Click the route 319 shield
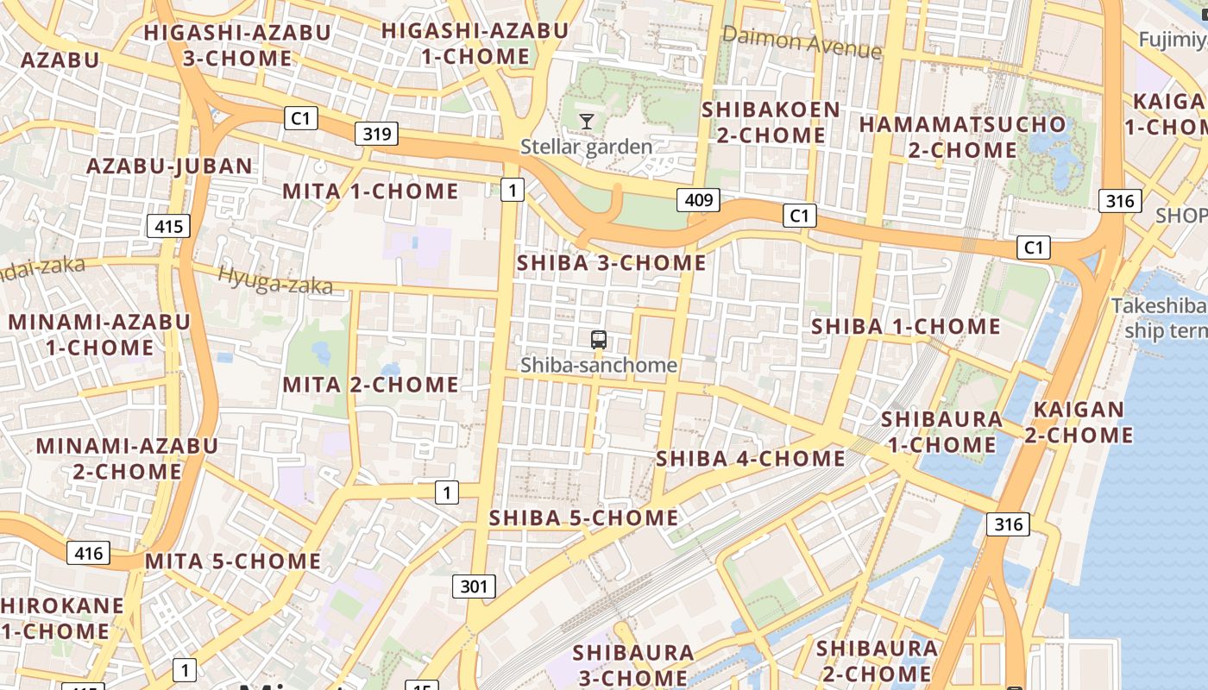click(x=376, y=134)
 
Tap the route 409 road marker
click(x=698, y=201)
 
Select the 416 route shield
click(x=88, y=552)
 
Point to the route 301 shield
click(x=474, y=586)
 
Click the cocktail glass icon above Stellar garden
click(x=587, y=121)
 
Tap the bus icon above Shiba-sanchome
click(x=599, y=340)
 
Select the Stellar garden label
click(x=586, y=147)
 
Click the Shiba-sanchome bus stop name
click(x=599, y=365)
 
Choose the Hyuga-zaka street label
click(x=275, y=280)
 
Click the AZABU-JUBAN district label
click(x=170, y=166)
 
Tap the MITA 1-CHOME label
click(x=370, y=191)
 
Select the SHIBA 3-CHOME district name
click(x=611, y=263)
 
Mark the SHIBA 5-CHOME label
click(x=583, y=518)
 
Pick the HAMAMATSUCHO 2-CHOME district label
click(x=962, y=136)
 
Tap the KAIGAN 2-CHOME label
click(x=1079, y=422)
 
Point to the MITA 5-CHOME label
click(x=233, y=561)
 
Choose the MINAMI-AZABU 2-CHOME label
click(x=127, y=459)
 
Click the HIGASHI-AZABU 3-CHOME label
click(x=237, y=45)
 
